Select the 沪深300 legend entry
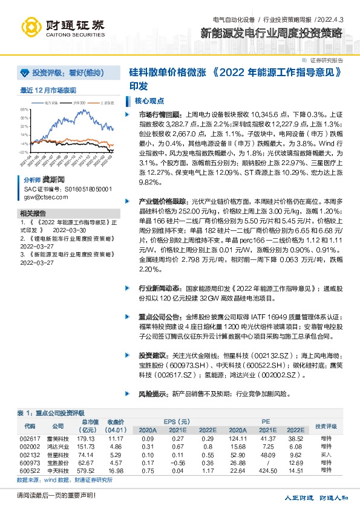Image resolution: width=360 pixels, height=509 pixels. pyautogui.click(x=79, y=103)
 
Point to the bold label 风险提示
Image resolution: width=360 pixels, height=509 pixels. pyautogui.click(x=152, y=394)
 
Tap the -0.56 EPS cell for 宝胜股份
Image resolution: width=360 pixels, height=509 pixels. pyautogui.click(x=178, y=462)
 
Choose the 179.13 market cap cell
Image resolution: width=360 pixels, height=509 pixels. pyautogui.click(x=87, y=438)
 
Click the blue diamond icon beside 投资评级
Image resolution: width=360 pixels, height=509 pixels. pyautogui.click(x=25, y=73)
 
